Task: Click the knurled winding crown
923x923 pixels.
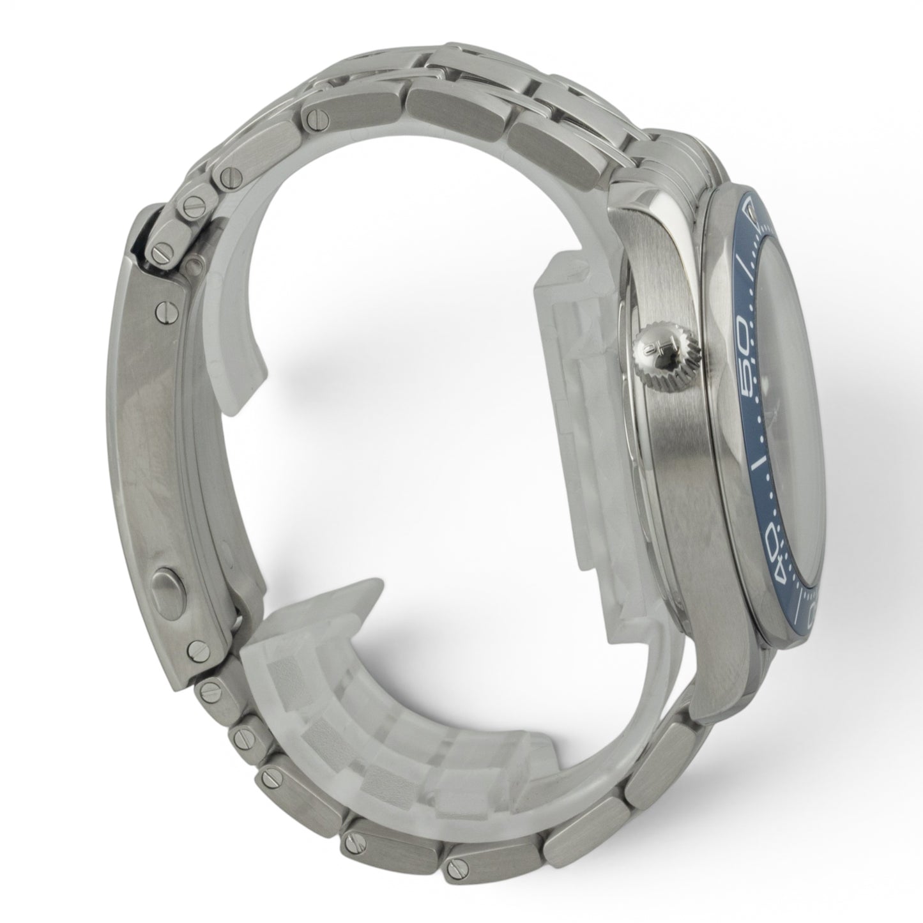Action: [668, 352]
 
